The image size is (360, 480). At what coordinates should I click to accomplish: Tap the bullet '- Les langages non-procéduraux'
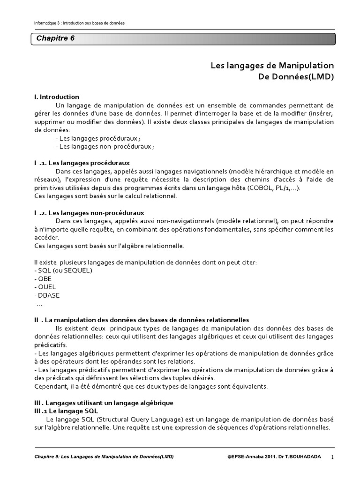click(105, 147)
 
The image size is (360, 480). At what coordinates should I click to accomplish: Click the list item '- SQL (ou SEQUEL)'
click(63, 270)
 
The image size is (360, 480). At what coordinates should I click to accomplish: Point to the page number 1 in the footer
click(332, 457)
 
